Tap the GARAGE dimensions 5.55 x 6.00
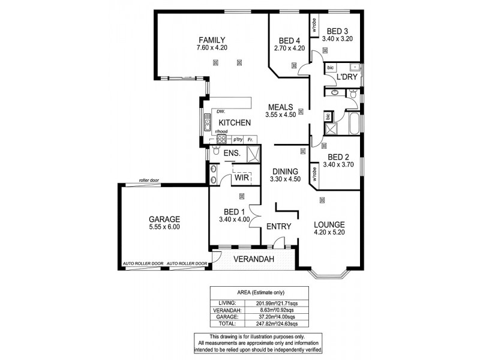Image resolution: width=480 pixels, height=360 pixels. tap(164, 227)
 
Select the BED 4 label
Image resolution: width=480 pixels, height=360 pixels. tap(290, 40)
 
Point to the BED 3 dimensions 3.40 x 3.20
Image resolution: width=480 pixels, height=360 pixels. tap(338, 38)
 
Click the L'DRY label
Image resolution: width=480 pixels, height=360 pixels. tap(346, 79)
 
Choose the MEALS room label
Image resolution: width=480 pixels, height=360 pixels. tap(281, 107)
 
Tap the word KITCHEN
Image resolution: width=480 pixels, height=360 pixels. tap(234, 122)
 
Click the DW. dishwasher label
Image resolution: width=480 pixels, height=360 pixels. tap(221, 112)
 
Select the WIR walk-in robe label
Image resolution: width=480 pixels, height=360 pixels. tap(242, 178)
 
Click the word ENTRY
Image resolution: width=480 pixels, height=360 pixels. tap(279, 226)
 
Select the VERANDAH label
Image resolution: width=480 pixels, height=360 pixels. tap(254, 259)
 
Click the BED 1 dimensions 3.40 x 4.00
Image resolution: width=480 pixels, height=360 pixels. tap(234, 220)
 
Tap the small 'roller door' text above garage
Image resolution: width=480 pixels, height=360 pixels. tap(147, 179)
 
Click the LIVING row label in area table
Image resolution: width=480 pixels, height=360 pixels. tap(227, 302)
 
